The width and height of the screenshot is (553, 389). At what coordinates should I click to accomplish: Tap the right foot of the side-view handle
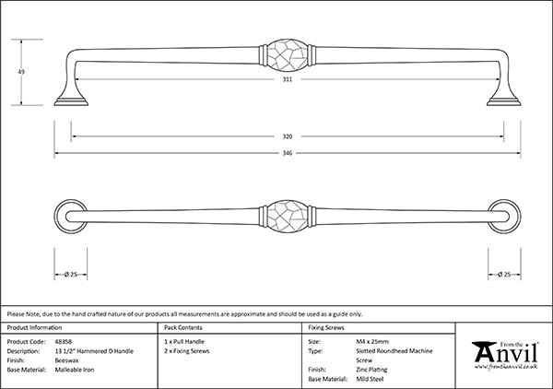click(504, 98)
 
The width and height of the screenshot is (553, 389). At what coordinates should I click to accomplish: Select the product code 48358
click(67, 340)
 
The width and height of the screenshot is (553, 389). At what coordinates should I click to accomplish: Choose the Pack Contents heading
click(182, 327)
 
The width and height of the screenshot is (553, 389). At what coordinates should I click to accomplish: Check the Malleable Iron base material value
click(77, 369)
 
